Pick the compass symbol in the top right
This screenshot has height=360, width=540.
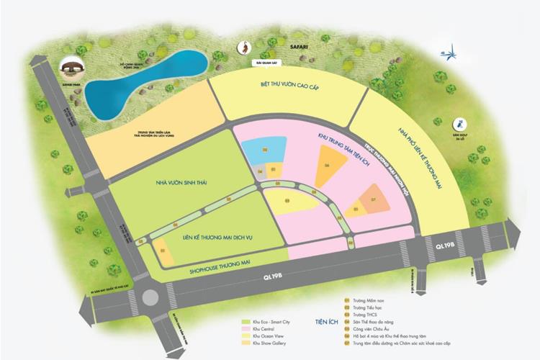click(x=451, y=52)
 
